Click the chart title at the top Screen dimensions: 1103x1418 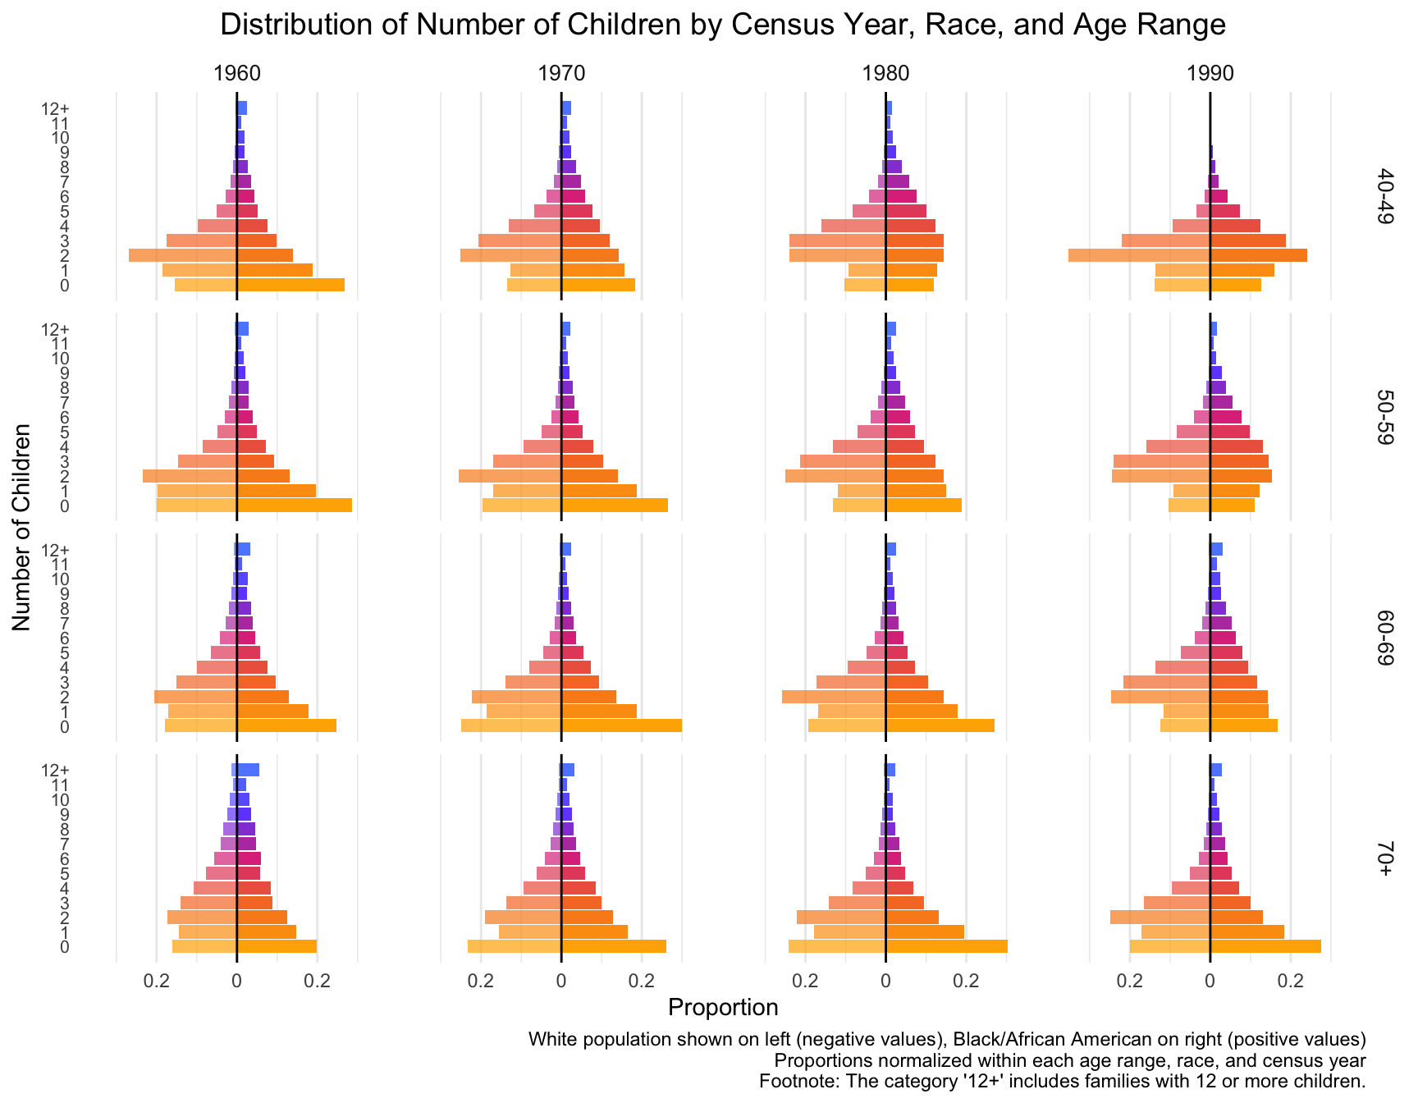pyautogui.click(x=723, y=25)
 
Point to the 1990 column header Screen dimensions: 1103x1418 pyautogui.click(x=1210, y=74)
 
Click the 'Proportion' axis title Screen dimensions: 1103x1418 pyautogui.click(x=723, y=1007)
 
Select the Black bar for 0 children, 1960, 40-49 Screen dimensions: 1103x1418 pyautogui.click(x=290, y=285)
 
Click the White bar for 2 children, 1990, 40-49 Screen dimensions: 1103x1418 pyautogui.click(x=1139, y=255)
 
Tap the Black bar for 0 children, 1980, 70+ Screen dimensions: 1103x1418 pyautogui.click(x=946, y=946)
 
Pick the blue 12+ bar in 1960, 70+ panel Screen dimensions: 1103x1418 pyautogui.click(x=248, y=770)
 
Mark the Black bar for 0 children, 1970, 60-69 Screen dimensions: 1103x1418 pyautogui.click(x=621, y=725)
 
